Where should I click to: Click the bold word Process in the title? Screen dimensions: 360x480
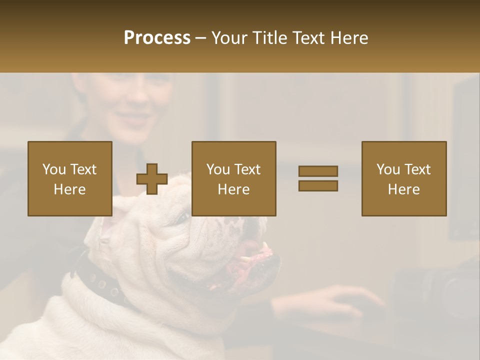pos(157,38)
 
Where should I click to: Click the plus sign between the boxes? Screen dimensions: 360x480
pos(152,179)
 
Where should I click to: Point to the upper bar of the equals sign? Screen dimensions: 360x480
pos(318,171)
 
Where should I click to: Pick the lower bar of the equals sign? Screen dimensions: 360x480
pos(318,185)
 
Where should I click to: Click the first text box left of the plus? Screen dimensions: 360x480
pos(69,178)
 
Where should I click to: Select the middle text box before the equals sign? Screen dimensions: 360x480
pos(233,178)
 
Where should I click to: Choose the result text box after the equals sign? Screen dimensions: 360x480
pos(403,178)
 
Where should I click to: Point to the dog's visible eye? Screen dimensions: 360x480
pos(184,218)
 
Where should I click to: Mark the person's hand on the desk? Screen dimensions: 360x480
pos(345,300)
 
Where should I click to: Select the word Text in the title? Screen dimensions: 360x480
pos(308,38)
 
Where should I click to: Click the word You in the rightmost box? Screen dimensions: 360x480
pos(387,169)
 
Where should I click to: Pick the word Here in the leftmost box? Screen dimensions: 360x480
pos(69,189)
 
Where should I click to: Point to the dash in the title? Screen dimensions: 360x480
pos(200,38)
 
